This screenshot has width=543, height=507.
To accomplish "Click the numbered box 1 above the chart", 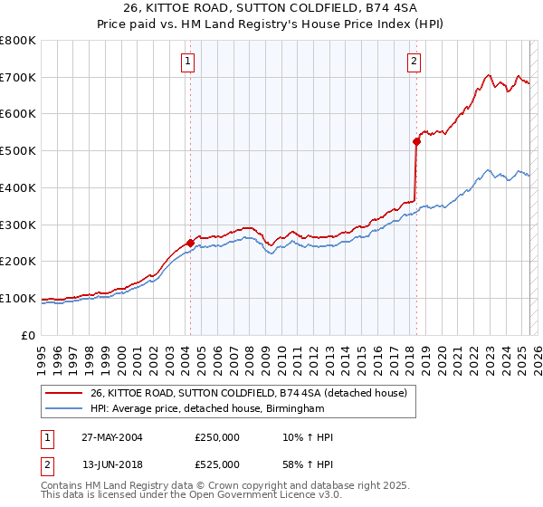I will tap(187, 62).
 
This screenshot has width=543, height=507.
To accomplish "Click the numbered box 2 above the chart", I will tap(414, 62).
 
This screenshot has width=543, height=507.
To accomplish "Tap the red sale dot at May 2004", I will tap(190, 242).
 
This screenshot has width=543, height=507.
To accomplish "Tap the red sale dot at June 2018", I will tap(417, 140).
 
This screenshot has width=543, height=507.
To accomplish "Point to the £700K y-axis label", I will tap(18, 77).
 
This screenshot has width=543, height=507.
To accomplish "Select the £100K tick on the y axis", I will tap(18, 298).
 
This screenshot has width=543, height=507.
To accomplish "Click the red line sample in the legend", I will tap(62, 394).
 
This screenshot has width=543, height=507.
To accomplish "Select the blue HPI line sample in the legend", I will tap(62, 409).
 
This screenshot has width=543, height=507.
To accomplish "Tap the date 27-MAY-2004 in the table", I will tap(110, 437).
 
